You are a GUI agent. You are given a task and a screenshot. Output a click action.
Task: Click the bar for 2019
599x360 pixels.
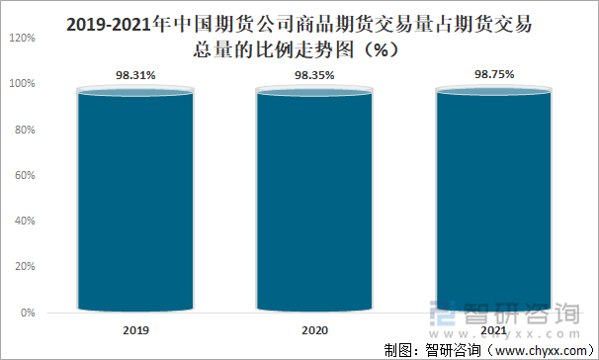135,203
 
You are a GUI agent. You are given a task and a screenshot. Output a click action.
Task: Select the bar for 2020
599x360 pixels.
314,203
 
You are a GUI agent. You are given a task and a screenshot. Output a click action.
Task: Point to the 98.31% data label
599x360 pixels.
135,74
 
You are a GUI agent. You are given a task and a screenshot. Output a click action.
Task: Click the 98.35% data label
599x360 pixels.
314,74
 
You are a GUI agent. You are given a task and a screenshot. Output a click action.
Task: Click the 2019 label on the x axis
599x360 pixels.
135,329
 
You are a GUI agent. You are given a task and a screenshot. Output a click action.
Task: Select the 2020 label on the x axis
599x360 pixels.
314,329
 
